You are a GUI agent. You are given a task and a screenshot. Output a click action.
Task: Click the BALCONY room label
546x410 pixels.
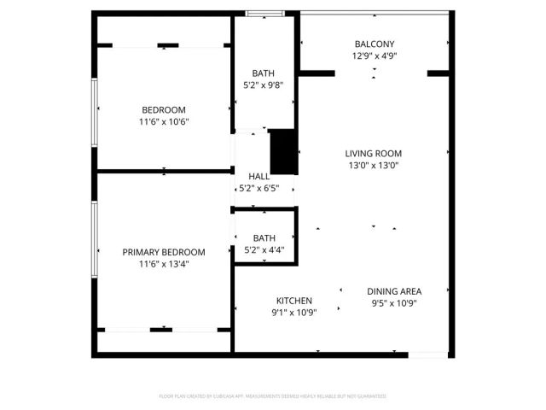tap(375, 44)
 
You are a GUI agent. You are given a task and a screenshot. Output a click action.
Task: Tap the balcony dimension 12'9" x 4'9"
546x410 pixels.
tap(375, 56)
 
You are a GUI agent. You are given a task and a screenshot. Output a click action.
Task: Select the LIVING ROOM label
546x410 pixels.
tap(373, 154)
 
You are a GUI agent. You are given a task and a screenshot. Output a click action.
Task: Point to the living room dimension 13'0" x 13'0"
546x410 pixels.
tap(373, 166)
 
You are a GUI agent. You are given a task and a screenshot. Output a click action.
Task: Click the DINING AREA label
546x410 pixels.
tap(394, 290)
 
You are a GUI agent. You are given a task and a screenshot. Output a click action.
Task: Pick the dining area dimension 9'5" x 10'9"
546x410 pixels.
tap(394, 302)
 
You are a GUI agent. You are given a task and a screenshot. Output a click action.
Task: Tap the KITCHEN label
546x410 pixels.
tap(294, 301)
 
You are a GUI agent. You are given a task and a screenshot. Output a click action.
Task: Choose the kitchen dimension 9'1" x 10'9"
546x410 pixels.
tap(294, 313)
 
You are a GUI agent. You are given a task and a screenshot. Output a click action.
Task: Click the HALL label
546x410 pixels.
tap(258, 176)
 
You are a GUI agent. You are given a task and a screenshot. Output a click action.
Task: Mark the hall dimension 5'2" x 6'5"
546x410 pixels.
tap(258, 188)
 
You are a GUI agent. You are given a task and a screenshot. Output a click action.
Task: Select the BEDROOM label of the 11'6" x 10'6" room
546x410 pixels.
tap(164, 109)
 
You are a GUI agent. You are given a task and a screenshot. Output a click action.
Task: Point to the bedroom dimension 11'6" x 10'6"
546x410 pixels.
tap(164, 121)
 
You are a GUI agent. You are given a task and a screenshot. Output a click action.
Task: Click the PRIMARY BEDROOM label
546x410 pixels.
tap(164, 252)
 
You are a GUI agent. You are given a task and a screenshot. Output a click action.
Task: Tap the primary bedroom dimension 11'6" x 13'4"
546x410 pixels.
tap(164, 264)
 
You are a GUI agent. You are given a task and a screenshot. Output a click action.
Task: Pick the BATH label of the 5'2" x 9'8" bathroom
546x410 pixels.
tap(264, 73)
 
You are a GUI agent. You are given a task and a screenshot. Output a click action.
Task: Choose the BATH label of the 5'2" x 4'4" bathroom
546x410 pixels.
tap(264, 238)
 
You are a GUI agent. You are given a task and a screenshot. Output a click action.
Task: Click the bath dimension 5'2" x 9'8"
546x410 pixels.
tap(264, 85)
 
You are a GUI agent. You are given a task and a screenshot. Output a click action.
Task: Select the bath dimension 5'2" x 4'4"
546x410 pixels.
tap(264, 250)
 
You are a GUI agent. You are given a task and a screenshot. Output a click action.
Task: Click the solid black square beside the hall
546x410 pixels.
tap(282, 152)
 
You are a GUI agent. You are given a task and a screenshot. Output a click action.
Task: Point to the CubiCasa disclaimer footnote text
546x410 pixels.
tap(273, 396)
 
